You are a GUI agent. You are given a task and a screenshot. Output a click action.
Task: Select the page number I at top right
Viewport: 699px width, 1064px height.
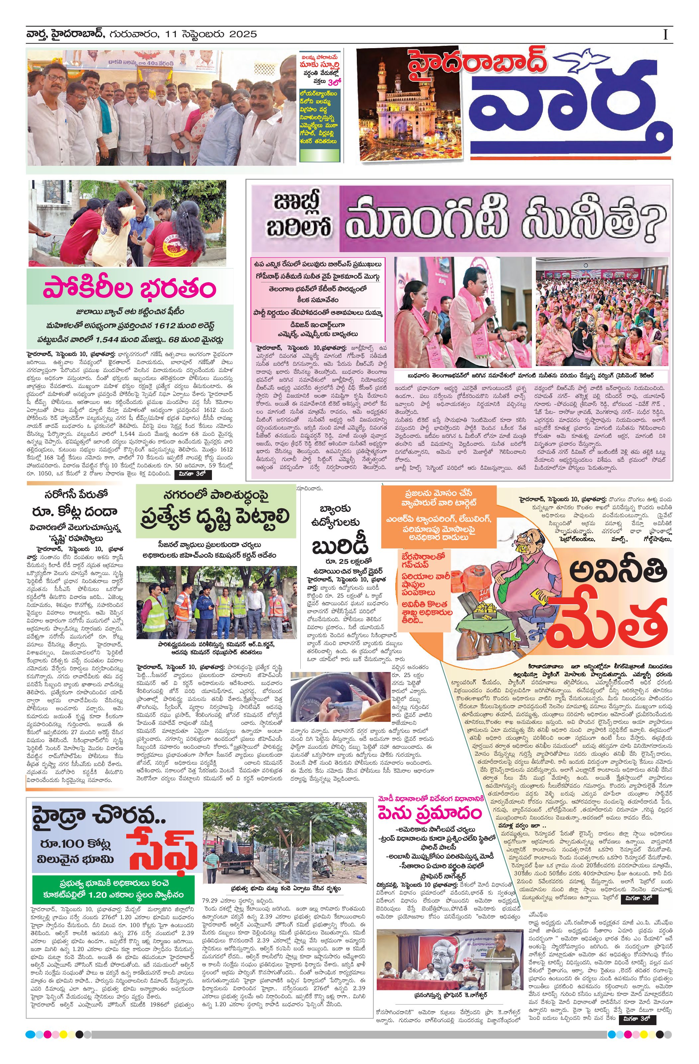click(x=665, y=35)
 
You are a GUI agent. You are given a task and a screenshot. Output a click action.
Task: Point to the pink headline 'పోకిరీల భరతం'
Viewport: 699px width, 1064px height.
click(x=130, y=288)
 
